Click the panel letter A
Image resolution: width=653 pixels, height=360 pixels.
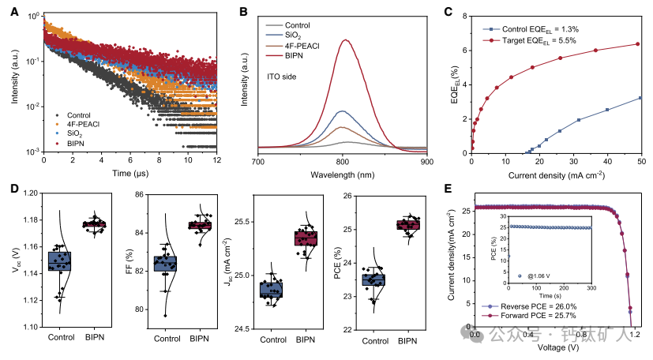(x=9, y=11)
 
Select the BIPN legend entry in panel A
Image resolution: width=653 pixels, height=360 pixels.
(x=77, y=144)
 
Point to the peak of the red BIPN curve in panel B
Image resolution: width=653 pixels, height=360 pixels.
(x=343, y=39)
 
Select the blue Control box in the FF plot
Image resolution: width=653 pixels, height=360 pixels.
(x=165, y=263)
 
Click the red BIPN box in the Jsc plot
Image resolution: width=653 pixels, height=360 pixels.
(x=305, y=238)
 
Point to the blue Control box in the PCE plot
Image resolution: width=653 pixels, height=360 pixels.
(x=373, y=279)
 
